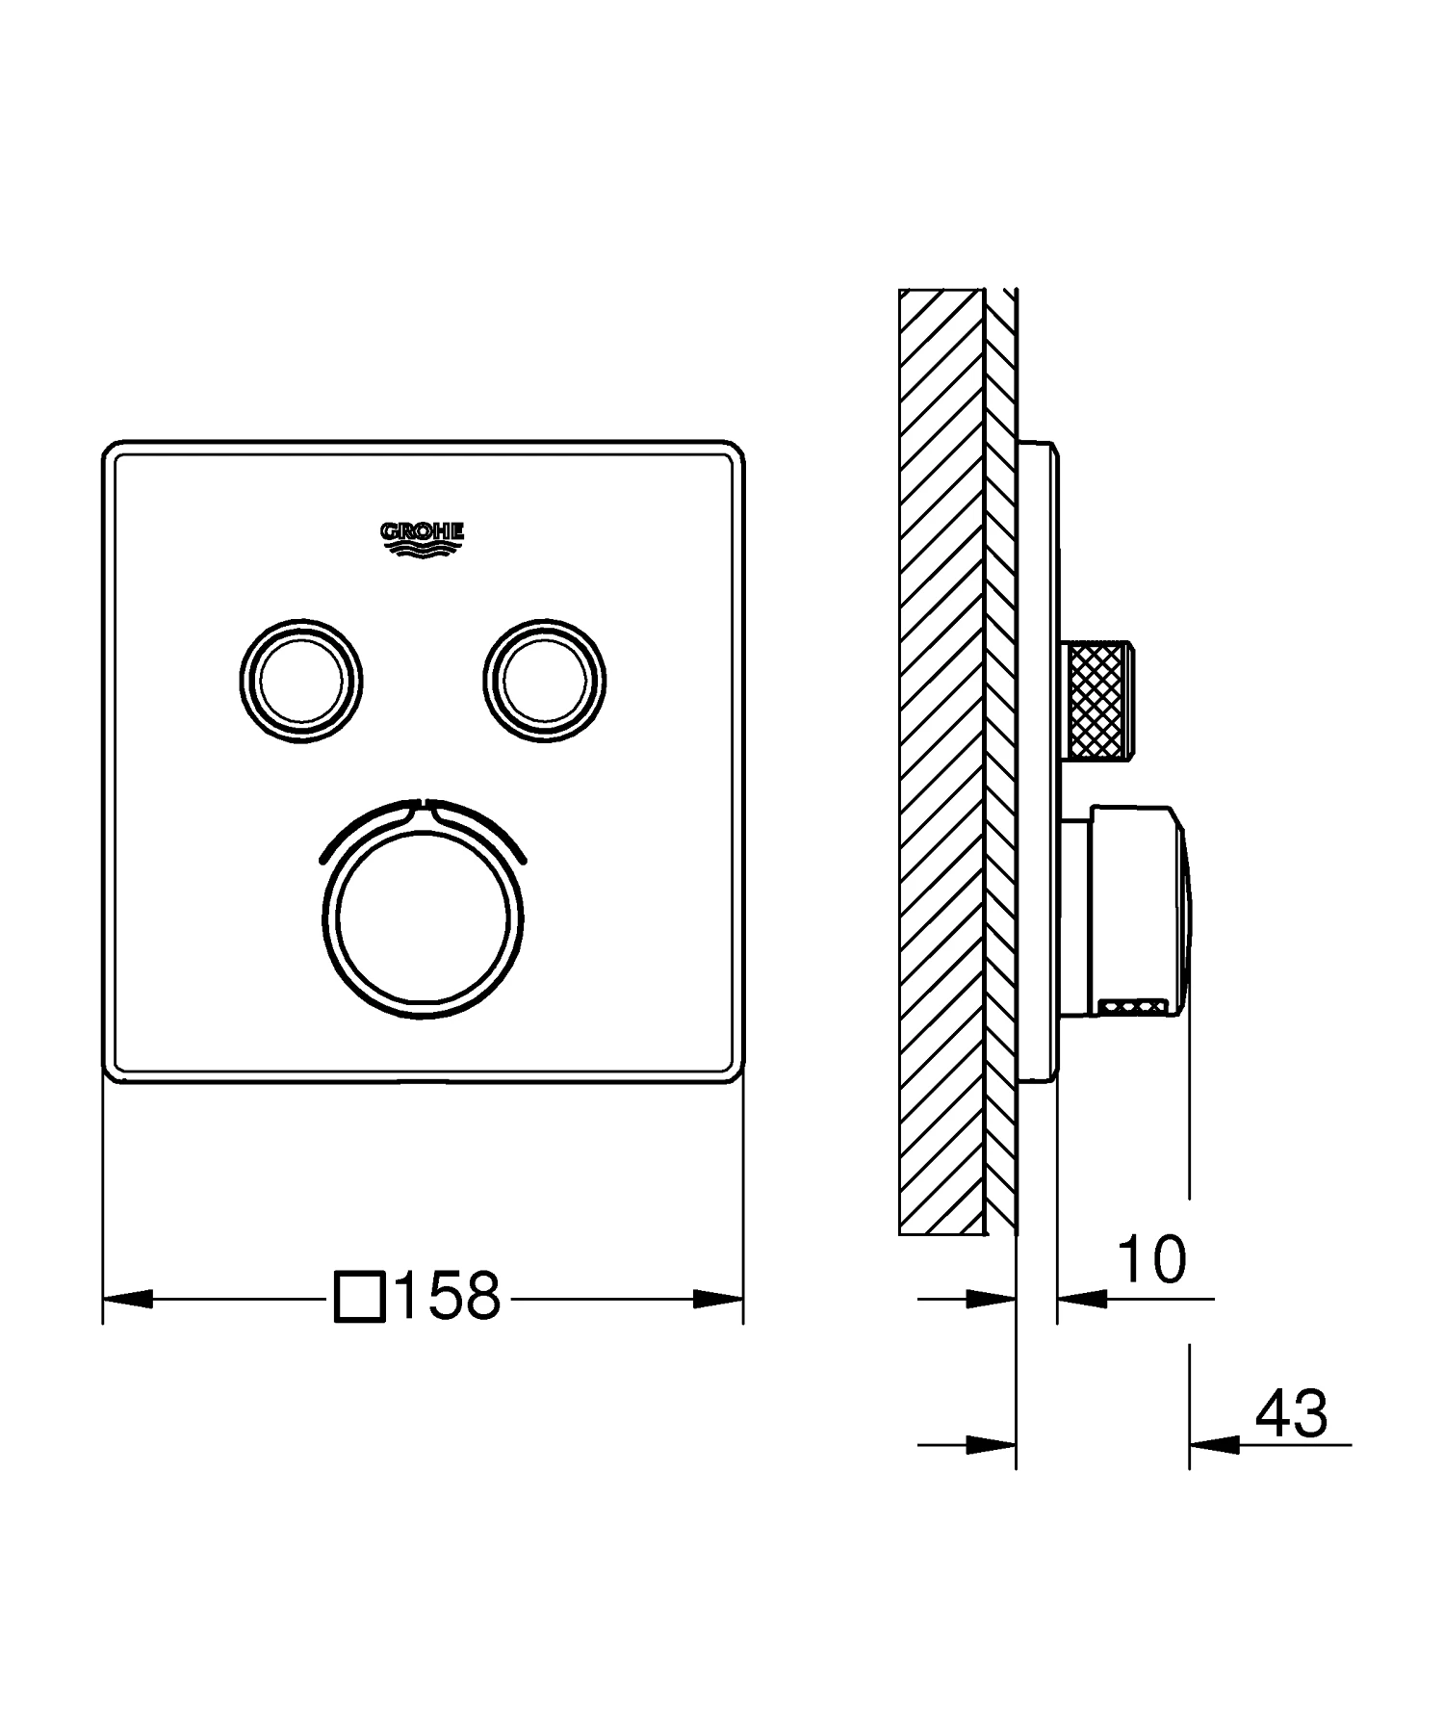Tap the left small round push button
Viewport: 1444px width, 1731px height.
[x=301, y=681]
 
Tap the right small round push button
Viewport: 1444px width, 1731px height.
[x=545, y=681]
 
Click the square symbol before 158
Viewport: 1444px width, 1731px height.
[x=360, y=1297]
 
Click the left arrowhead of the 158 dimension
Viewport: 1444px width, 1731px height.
[x=127, y=1299]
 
